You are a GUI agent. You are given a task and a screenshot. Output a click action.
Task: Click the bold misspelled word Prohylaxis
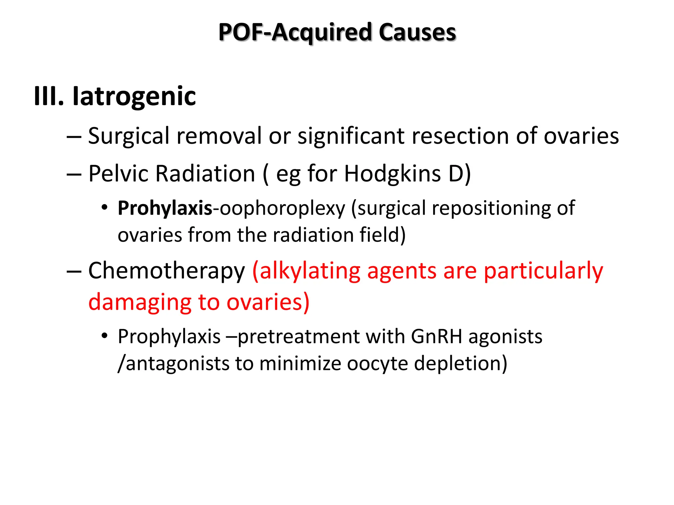[165, 208]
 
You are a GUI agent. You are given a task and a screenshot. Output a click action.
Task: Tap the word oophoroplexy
[282, 208]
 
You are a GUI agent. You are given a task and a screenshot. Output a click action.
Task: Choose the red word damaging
[140, 302]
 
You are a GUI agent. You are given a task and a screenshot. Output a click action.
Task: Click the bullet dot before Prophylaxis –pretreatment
[105, 336]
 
